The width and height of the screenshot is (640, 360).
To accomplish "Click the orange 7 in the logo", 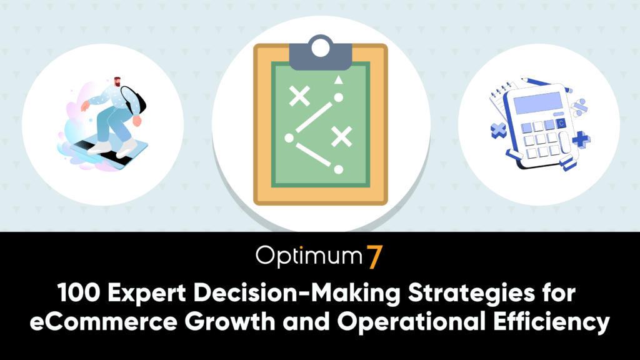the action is click(x=374, y=257).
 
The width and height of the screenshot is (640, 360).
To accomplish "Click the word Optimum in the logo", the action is click(x=309, y=256).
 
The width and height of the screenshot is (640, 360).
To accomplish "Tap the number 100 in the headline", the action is click(x=79, y=292).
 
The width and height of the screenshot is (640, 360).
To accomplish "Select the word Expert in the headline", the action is click(x=147, y=294).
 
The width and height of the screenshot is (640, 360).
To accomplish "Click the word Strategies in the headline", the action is click(x=471, y=294).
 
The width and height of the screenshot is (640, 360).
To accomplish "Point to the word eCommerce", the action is click(x=104, y=322).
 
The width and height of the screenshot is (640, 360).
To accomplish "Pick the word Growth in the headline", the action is click(x=230, y=321).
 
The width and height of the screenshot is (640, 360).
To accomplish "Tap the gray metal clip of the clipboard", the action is click(x=321, y=53).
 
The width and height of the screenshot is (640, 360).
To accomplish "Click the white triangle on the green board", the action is click(x=338, y=79).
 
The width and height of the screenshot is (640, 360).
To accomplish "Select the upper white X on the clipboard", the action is click(x=299, y=96).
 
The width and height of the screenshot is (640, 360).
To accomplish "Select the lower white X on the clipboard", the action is click(x=342, y=136).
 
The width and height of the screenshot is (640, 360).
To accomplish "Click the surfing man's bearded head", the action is click(x=117, y=81).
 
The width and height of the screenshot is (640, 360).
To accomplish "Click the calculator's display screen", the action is click(x=538, y=103).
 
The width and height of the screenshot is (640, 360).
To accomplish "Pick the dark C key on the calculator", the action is click(x=562, y=123).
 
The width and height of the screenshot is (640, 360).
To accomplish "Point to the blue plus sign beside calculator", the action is click(x=581, y=139).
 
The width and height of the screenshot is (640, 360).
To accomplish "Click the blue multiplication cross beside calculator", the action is click(x=498, y=131).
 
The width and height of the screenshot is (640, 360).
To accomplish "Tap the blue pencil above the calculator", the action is click(x=547, y=84).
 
